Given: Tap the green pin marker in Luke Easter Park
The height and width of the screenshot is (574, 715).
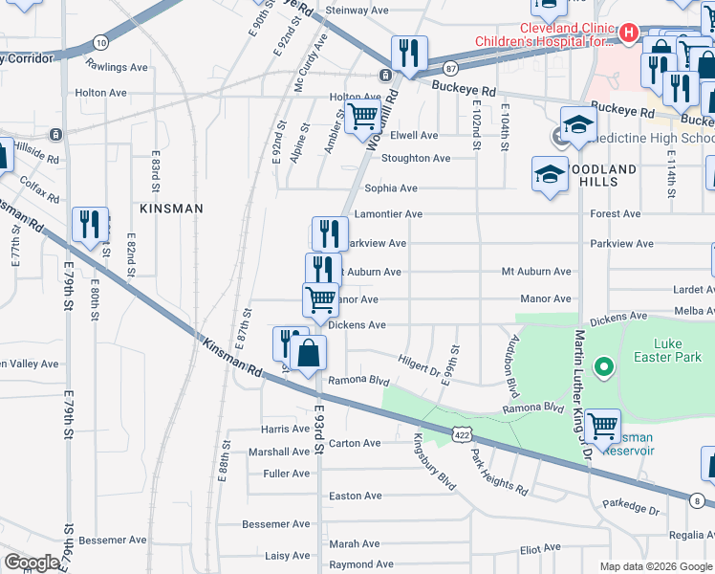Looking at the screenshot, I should tap(603, 366).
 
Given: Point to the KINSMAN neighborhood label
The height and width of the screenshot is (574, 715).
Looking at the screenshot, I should tap(167, 208).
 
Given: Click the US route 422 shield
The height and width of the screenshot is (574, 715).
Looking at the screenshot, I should tap(463, 434).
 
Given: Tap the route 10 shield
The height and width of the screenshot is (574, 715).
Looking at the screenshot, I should tap(100, 42).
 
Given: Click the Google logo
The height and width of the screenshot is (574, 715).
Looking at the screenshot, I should tap(31, 563).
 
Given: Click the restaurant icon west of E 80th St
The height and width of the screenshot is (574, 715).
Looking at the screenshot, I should tap(90, 225).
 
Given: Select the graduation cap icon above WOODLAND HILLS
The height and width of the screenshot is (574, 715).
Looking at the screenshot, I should tap(577, 125).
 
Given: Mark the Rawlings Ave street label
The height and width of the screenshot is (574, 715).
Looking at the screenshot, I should tap(117, 67).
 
